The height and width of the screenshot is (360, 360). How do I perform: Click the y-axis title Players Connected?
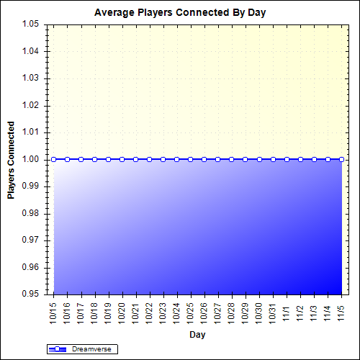12,159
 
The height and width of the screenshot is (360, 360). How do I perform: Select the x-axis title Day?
197,335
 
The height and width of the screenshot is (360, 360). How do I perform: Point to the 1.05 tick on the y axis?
30,24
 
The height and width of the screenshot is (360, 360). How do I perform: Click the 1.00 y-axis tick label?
30,159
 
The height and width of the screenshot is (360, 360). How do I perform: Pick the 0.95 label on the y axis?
30,294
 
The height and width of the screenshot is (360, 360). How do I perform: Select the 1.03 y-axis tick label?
30,78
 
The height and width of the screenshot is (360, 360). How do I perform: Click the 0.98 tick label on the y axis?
30,213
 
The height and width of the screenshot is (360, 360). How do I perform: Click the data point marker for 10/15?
53,159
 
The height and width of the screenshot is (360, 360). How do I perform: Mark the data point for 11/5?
341,159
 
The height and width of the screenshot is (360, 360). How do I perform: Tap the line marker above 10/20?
122,159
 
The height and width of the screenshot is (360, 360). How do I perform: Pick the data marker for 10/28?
232,159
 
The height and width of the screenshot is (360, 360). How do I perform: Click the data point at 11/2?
300,159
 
